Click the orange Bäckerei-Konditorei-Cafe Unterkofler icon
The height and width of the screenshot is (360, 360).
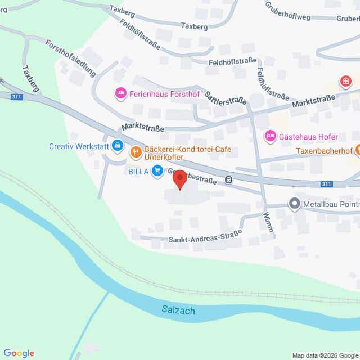click(136, 151)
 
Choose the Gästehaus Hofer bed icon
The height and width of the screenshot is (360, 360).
click(270, 136)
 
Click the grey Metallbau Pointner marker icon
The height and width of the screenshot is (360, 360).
click(294, 204)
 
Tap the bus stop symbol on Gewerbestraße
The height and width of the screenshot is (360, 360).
click(228, 180)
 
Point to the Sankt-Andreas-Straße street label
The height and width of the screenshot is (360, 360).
click(205, 237)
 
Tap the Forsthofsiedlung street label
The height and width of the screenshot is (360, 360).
click(71, 58)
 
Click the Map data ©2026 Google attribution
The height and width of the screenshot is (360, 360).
click(325, 355)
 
